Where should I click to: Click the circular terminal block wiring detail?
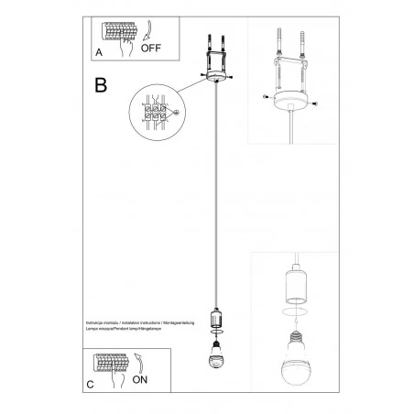pyautogui.click(x=158, y=114)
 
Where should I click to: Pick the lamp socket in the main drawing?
pyautogui.click(x=218, y=318)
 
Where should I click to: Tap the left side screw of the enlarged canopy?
pyautogui.click(x=266, y=96)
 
